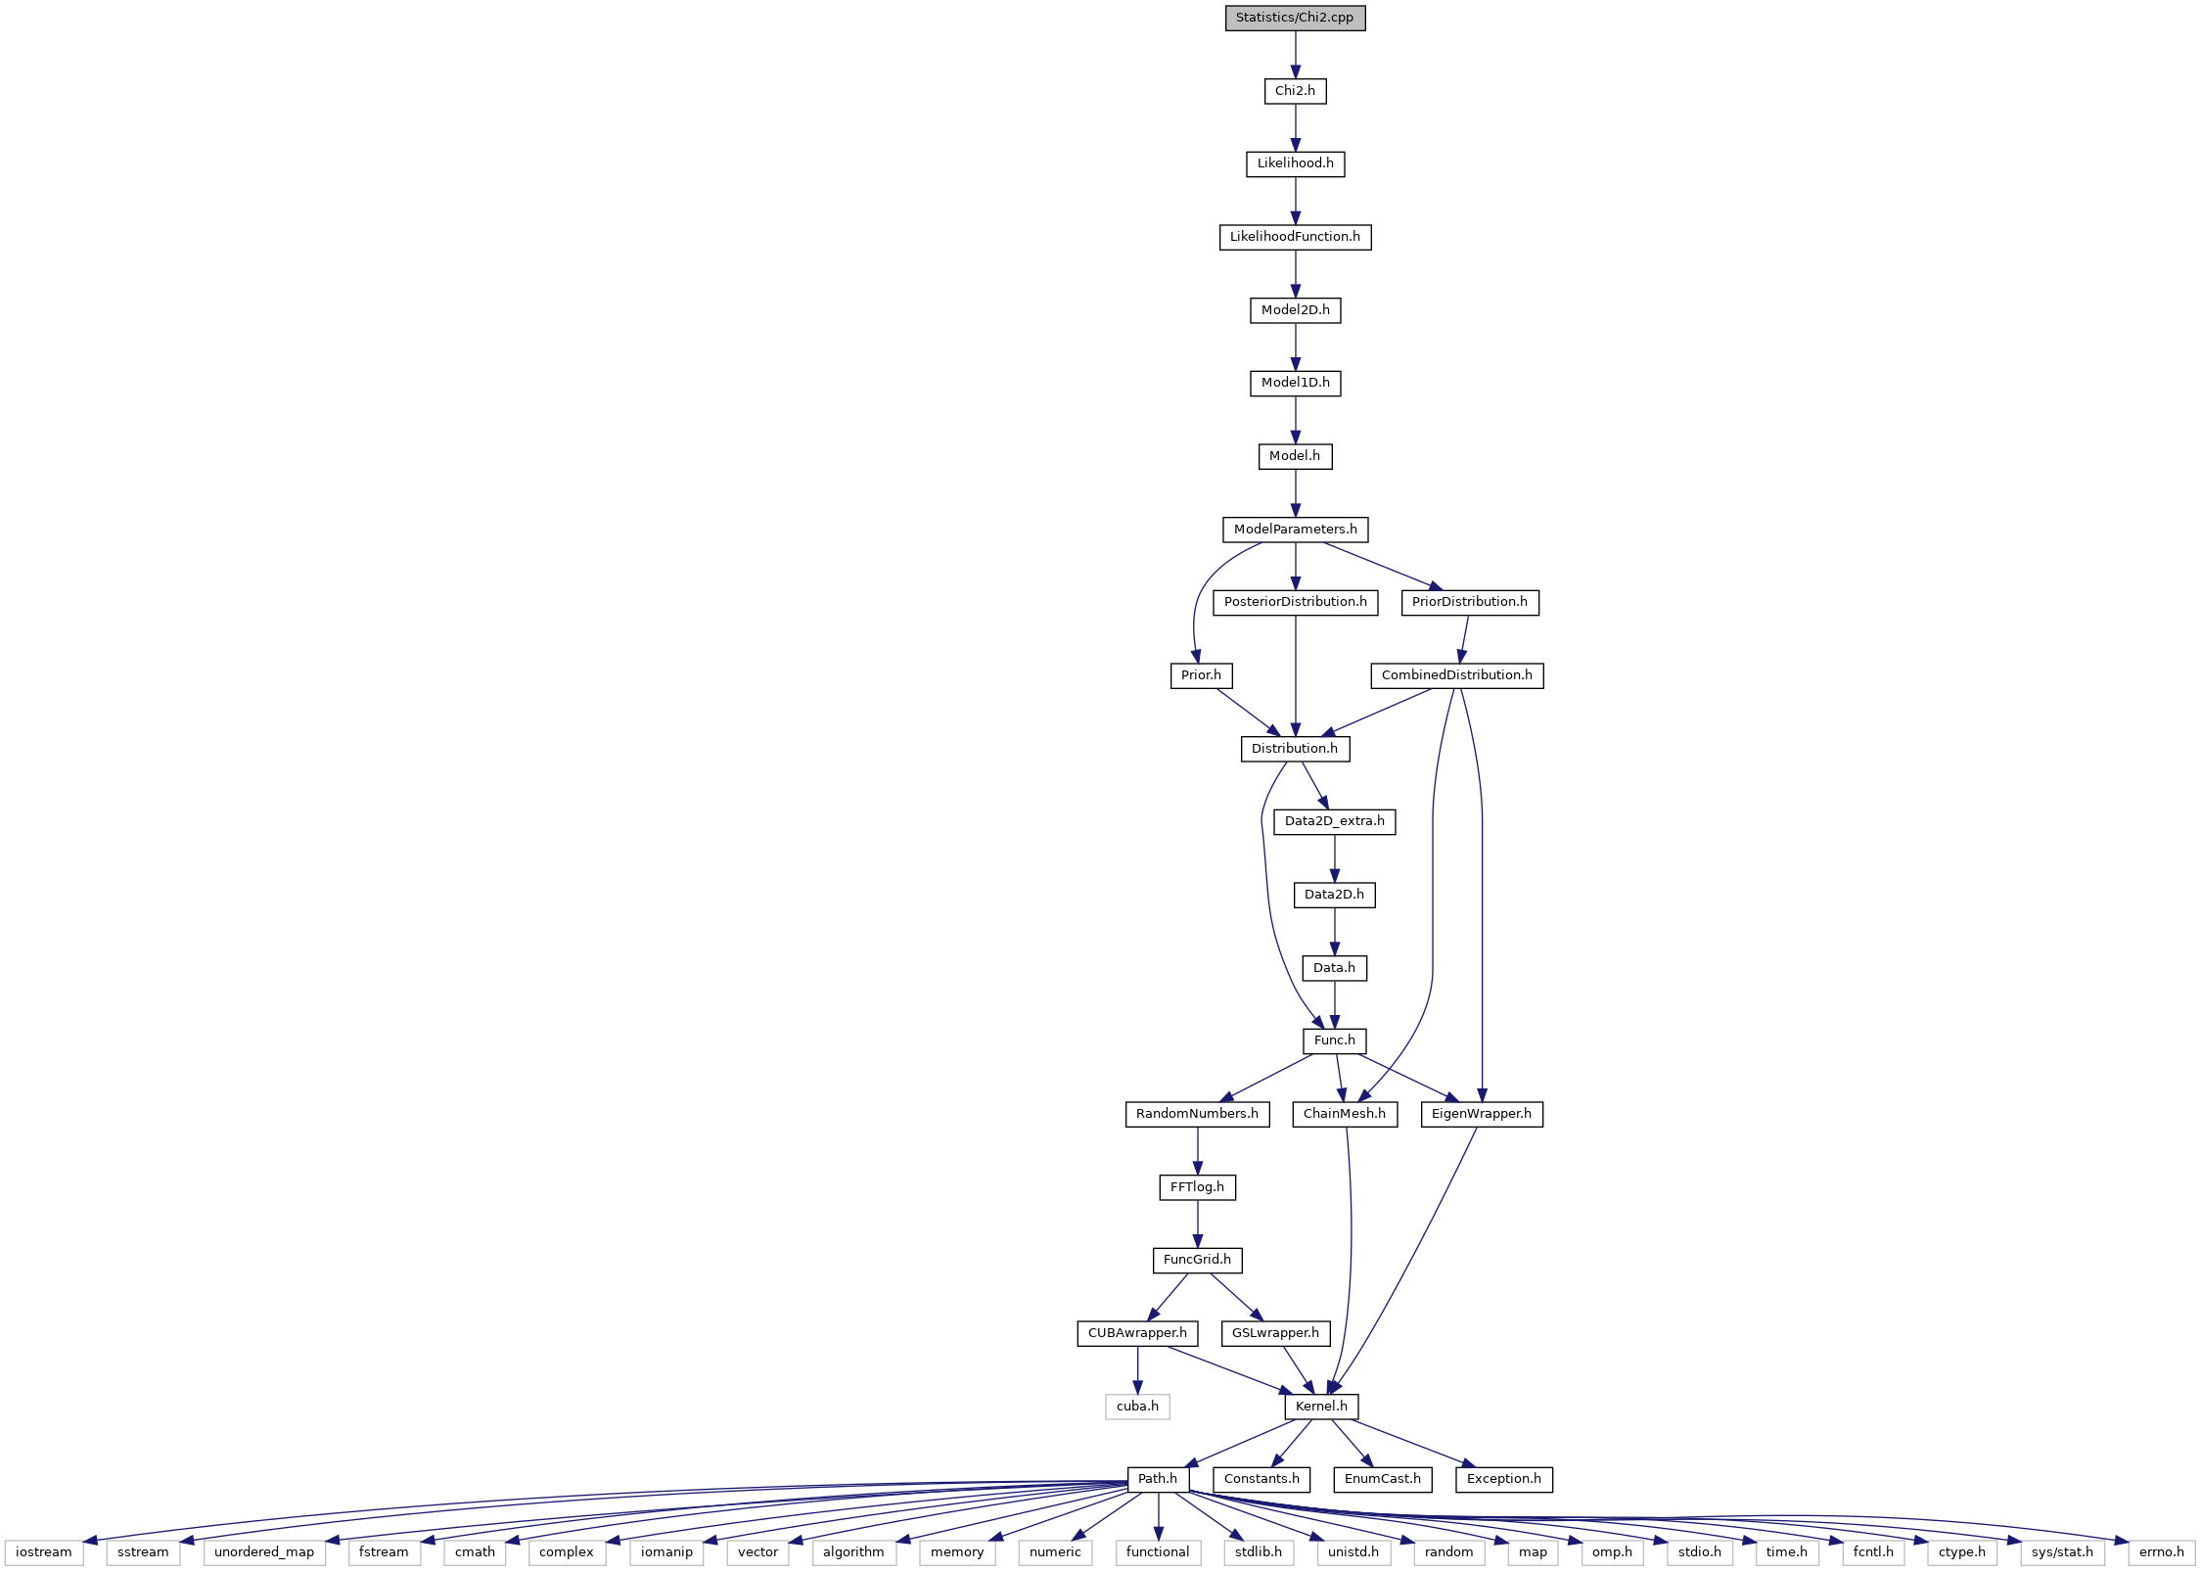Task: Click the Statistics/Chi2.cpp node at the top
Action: (1295, 18)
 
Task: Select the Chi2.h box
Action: (1295, 91)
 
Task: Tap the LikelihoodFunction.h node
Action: (1295, 237)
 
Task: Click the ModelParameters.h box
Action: (1295, 530)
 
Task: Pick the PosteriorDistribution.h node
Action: (1295, 602)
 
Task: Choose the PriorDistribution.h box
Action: (1469, 602)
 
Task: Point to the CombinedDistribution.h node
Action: (1456, 675)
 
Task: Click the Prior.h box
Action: (1201, 675)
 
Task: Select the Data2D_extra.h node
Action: (1334, 821)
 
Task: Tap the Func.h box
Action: (1334, 1040)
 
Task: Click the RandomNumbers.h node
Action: (1197, 1114)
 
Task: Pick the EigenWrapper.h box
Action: (1482, 1114)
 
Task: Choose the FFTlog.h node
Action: (1197, 1187)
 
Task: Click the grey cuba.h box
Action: (1137, 1407)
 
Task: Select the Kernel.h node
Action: (1321, 1407)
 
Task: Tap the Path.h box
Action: (1158, 1479)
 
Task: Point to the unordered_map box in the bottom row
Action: (264, 1552)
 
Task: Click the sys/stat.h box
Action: (2062, 1552)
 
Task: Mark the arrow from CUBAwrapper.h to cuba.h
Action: (1137, 1370)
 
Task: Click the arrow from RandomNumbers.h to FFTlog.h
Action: (1197, 1151)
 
